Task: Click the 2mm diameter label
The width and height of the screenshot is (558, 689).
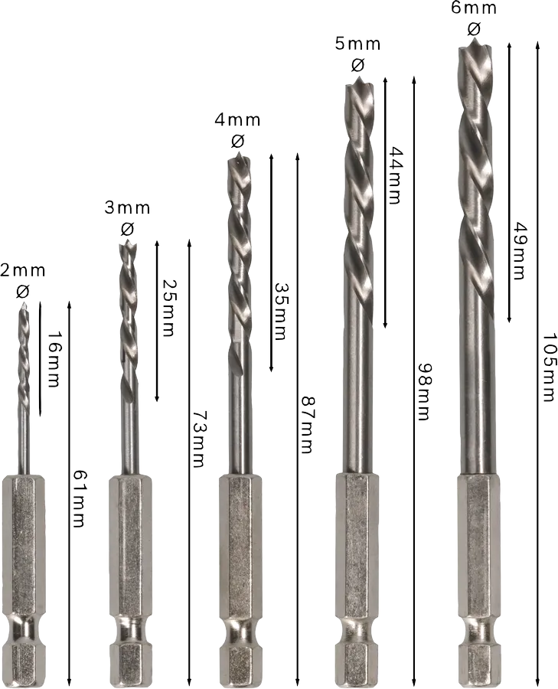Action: (23, 270)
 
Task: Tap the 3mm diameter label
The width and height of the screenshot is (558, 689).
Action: (127, 207)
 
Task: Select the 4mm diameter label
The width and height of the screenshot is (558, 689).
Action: (237, 119)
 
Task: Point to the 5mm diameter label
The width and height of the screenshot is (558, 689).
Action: (357, 44)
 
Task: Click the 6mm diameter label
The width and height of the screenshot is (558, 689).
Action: (474, 8)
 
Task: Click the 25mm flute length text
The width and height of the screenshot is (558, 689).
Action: (168, 308)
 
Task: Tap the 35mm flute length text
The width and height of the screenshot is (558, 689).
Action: (280, 311)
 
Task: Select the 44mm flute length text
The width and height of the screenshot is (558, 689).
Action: (394, 175)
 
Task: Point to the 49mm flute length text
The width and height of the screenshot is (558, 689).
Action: (519, 251)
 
